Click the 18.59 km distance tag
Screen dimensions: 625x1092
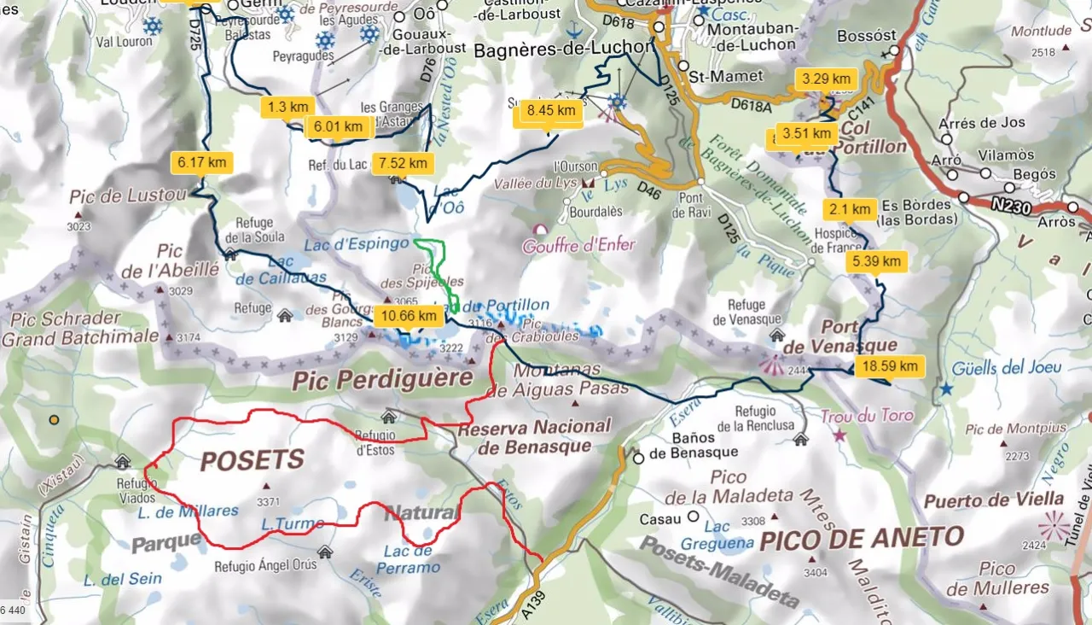click(x=891, y=366)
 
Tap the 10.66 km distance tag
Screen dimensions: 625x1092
click(x=409, y=317)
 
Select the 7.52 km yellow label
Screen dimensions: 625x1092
click(x=403, y=163)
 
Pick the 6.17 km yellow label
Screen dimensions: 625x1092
click(x=202, y=161)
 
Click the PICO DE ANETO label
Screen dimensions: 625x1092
click(x=862, y=538)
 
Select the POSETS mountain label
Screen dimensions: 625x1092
click(x=252, y=461)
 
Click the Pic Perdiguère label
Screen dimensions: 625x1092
click(x=382, y=380)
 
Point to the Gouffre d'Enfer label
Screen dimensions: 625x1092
click(x=580, y=245)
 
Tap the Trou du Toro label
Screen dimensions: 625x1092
click(x=867, y=417)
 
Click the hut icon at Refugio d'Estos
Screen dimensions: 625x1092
click(x=389, y=417)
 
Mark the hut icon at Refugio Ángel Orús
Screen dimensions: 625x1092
click(x=324, y=551)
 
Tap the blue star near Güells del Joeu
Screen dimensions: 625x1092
click(x=945, y=388)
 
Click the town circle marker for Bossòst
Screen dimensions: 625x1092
click(x=894, y=51)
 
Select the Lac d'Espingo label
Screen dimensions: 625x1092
click(x=357, y=243)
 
